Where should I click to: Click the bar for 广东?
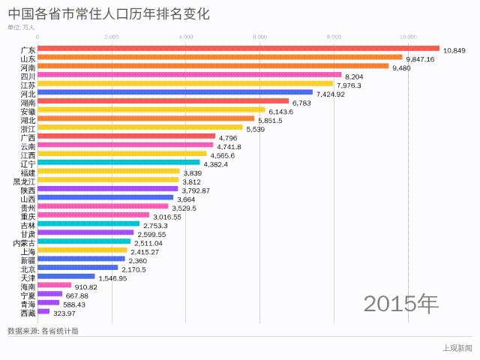pyautogui.click(x=238, y=49)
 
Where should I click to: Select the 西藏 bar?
pyautogui.click(x=43, y=311)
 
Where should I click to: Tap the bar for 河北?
pyautogui.click(x=175, y=92)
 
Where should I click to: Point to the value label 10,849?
pyautogui.click(x=454, y=50)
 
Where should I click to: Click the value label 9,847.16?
pyautogui.click(x=420, y=59)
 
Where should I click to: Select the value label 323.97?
pyautogui.click(x=65, y=313)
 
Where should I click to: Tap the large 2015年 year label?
pyautogui.click(x=401, y=303)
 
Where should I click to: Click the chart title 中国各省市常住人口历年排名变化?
pyautogui.click(x=107, y=14)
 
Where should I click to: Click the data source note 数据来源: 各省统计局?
pyautogui.click(x=43, y=330)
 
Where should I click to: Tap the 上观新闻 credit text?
pyautogui.click(x=457, y=347)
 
